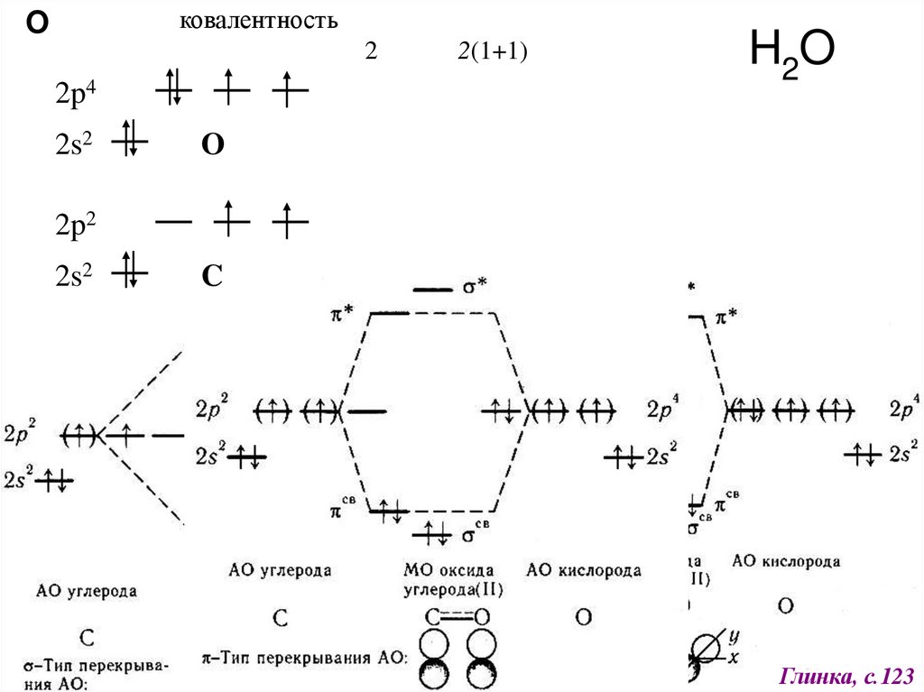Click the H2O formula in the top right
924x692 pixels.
tap(791, 56)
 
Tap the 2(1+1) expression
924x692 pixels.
tap(491, 52)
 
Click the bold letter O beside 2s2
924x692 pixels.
tap(212, 146)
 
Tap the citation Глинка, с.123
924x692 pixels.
tap(847, 675)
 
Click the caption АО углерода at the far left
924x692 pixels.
tap(87, 592)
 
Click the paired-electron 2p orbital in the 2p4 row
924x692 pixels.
tap(174, 88)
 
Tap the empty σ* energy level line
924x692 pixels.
tap(431, 289)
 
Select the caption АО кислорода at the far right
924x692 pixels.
tap(786, 561)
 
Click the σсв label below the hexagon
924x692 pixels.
tap(476, 534)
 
